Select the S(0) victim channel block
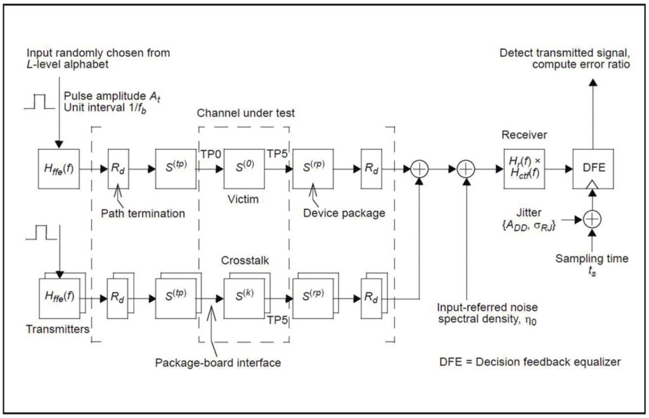pos(242,170)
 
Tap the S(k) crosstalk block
pos(242,295)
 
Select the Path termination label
pos(143,213)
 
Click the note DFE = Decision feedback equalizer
pos(529,362)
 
